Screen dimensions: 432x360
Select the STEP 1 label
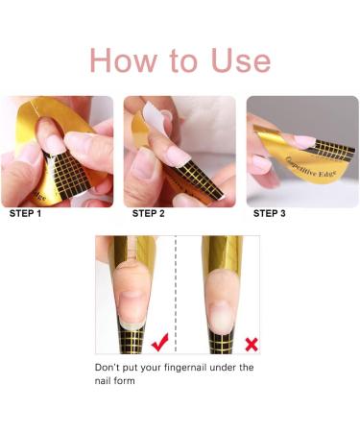[27, 213]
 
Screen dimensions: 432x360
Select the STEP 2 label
[151, 213]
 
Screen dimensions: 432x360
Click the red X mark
[252, 342]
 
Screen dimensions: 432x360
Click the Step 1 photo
[57, 151]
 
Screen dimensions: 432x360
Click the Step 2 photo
[180, 151]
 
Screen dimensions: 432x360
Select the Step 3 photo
[302, 151]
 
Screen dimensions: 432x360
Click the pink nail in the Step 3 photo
[304, 140]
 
